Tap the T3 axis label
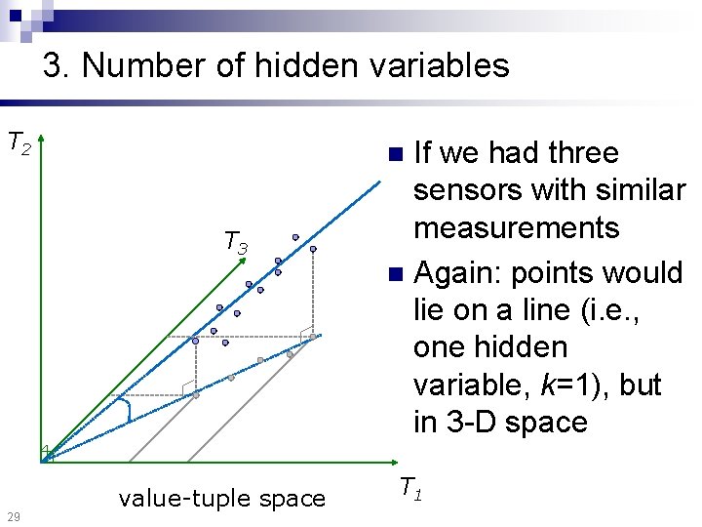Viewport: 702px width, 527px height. pyautogui.click(x=236, y=241)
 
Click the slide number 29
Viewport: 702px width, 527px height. pyautogui.click(x=12, y=515)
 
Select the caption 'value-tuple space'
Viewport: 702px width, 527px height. pyautogui.click(x=221, y=499)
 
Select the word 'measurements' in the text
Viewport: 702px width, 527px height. pyautogui.click(x=516, y=228)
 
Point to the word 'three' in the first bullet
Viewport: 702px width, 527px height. pyautogui.click(x=583, y=152)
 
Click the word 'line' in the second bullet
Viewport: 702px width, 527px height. pyautogui.click(x=546, y=310)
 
